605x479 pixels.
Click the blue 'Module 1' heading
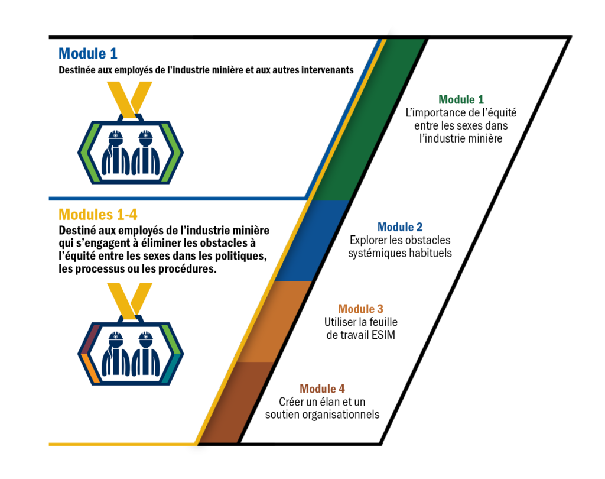pyautogui.click(x=87, y=54)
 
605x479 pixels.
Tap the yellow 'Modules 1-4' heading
pyautogui.click(x=97, y=215)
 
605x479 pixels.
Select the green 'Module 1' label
pyautogui.click(x=461, y=100)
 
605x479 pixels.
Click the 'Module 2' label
pyautogui.click(x=400, y=227)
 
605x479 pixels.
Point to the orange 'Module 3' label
pyautogui.click(x=361, y=309)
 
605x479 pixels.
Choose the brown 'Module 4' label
pyautogui.click(x=322, y=389)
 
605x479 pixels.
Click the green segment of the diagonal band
pyautogui.click(x=370, y=119)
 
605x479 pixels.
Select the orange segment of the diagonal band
pyautogui.click(x=275, y=321)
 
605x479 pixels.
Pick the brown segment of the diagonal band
pyautogui.click(x=238, y=403)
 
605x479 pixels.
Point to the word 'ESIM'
pyautogui.click(x=383, y=335)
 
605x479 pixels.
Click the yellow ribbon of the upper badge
pyautogui.click(x=130, y=99)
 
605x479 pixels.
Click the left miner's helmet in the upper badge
pyautogui.click(x=115, y=136)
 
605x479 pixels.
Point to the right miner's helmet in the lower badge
pyautogui.click(x=145, y=337)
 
